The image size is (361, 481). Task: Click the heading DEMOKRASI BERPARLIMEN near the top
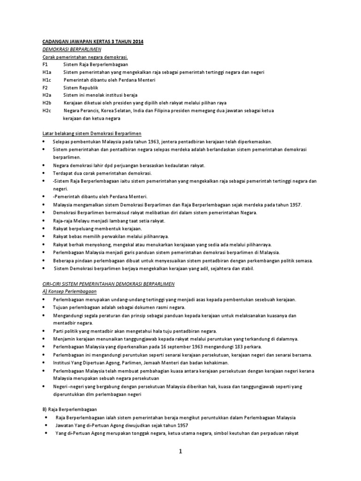click(72, 49)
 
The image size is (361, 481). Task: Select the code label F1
click(45, 64)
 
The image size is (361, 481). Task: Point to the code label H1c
click(46, 80)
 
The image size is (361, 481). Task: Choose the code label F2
click(45, 87)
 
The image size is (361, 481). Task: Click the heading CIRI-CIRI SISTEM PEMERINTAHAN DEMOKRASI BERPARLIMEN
click(108, 284)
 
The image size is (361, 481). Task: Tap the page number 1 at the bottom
click(180, 452)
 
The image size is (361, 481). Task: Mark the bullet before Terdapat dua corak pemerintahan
click(44, 173)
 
